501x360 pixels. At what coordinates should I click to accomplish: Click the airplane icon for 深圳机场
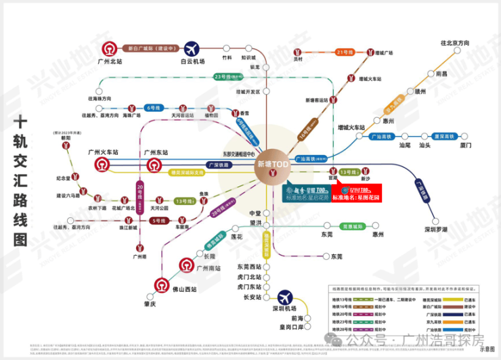[285, 296]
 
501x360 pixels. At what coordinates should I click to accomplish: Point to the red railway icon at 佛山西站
[160, 284]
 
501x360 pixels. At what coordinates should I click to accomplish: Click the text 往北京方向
[454, 43]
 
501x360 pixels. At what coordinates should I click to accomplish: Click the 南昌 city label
[441, 74]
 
